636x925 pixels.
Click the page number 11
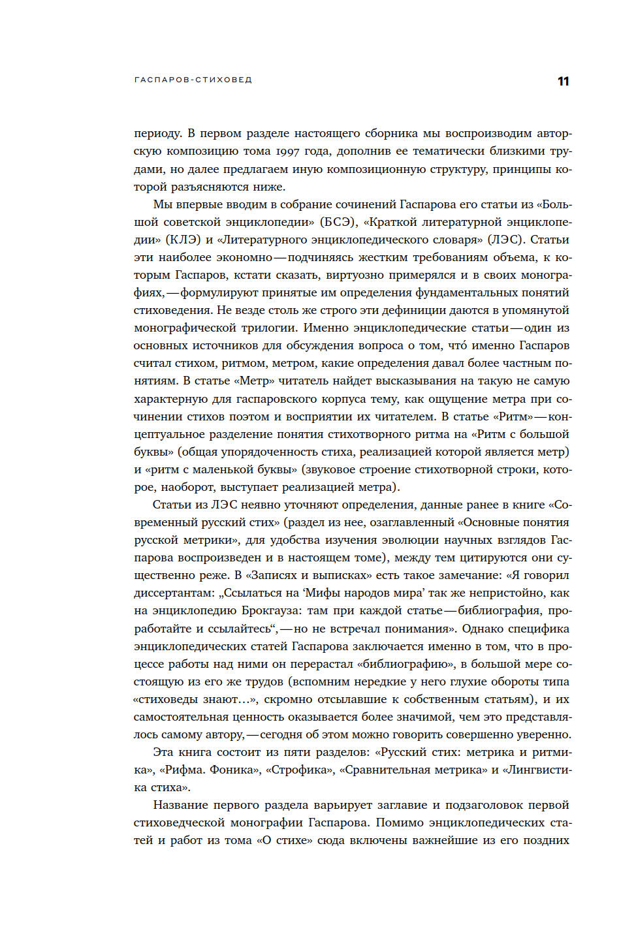(x=563, y=82)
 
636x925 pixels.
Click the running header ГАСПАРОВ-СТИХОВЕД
(x=193, y=80)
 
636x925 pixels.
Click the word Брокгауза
(x=272, y=610)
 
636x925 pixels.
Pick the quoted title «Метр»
(x=255, y=381)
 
